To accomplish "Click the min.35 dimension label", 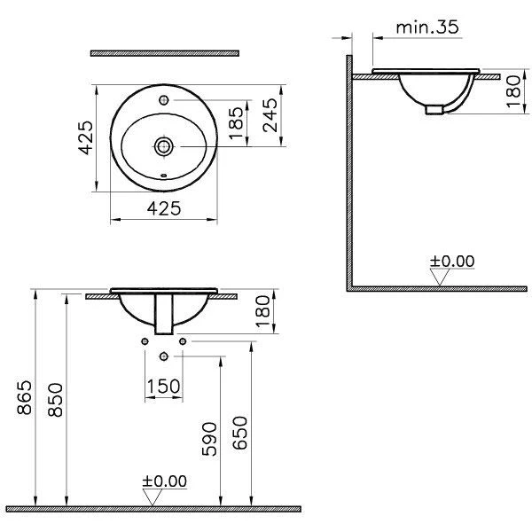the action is [427, 27].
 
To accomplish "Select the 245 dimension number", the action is [270, 115].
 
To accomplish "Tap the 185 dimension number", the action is [237, 123].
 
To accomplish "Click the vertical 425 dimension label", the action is [86, 137].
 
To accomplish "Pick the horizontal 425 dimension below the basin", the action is [164, 208].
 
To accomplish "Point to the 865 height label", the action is [25, 397].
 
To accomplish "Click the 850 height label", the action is [55, 400].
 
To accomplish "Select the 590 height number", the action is [209, 439].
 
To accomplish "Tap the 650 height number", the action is [240, 433].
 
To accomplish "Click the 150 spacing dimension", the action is [163, 387].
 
